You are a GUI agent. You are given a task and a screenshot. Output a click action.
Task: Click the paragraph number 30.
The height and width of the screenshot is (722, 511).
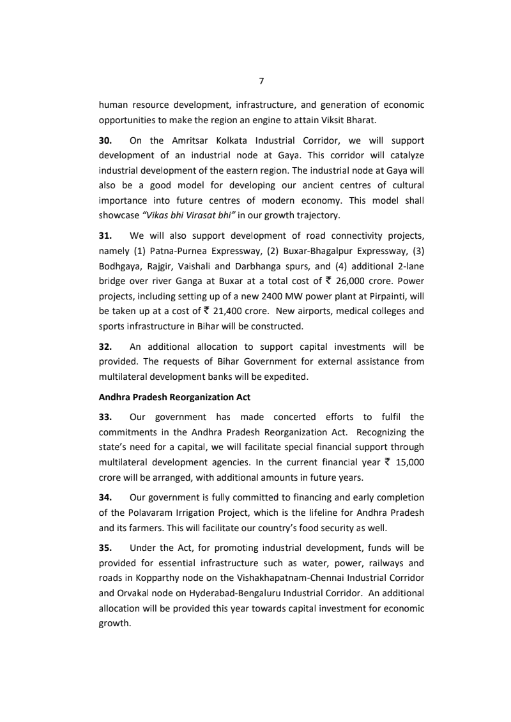[x=105, y=140]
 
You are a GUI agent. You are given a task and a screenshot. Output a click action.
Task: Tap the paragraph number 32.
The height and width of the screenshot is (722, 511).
[x=105, y=347]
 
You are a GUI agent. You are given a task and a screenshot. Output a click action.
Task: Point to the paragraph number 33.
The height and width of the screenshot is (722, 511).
[x=105, y=417]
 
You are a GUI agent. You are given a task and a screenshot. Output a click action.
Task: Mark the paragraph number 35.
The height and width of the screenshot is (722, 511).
[x=105, y=548]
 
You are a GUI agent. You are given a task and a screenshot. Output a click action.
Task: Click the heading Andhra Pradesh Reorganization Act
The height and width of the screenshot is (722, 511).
[x=174, y=397]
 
